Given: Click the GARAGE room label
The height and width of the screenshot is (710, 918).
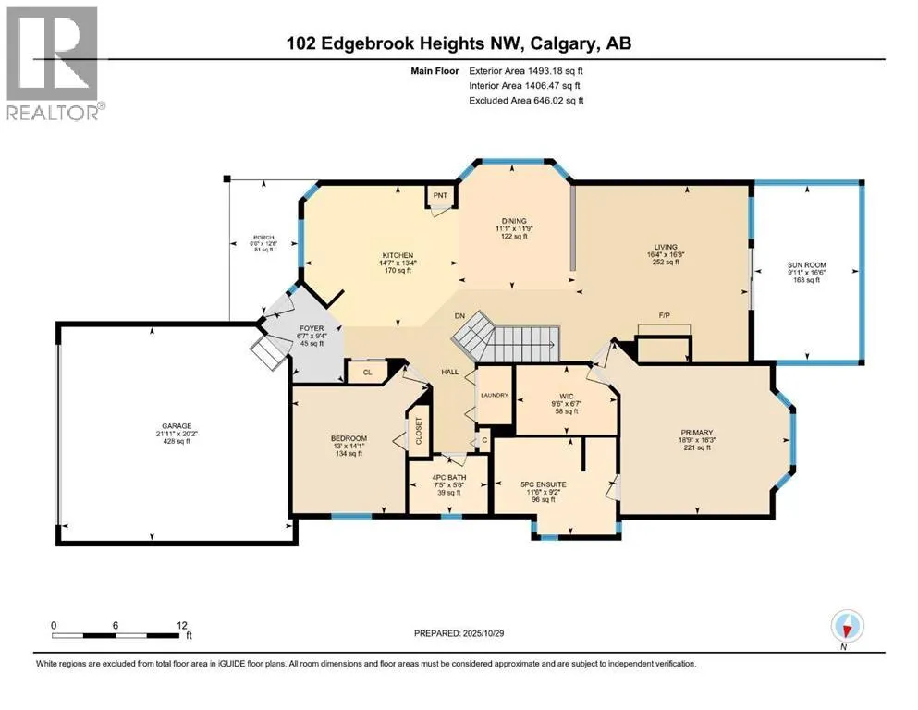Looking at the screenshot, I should [x=173, y=426].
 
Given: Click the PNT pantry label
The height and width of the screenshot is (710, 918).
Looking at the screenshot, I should [x=440, y=195].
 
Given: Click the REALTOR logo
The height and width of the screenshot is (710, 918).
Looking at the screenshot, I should [x=54, y=62].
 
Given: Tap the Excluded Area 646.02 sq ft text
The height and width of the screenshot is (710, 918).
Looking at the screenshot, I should [x=525, y=100].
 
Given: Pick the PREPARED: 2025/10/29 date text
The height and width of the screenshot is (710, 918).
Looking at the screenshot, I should [x=460, y=634].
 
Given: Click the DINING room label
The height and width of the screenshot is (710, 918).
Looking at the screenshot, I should [x=514, y=221].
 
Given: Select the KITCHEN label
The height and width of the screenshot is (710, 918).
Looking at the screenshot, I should [x=398, y=255].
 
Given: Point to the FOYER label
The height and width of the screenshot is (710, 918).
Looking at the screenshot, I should [x=305, y=326].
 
